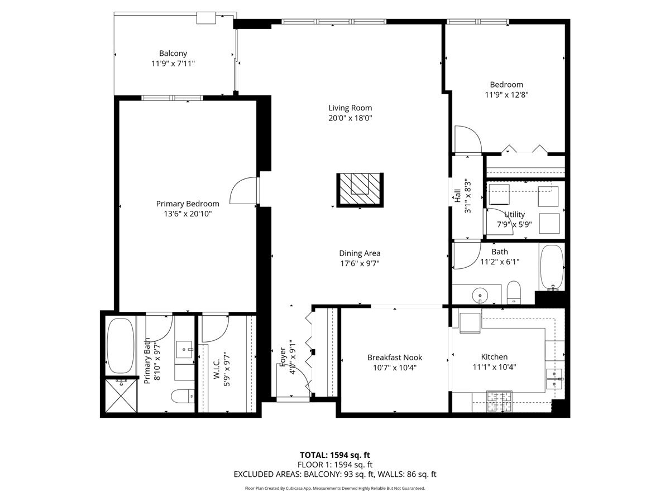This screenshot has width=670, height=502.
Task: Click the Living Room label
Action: [x=350, y=108]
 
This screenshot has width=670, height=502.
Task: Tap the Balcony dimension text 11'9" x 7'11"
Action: [x=173, y=64]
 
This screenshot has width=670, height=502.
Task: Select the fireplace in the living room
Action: [x=359, y=189]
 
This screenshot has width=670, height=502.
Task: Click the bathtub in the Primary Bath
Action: [x=120, y=345]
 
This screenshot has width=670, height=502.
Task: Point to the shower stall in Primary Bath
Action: [x=120, y=396]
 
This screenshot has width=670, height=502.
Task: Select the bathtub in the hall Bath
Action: [x=552, y=267]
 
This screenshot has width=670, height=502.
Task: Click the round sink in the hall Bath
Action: [x=479, y=294]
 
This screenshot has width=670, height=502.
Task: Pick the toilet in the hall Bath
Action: [x=513, y=292]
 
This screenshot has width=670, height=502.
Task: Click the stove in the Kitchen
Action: [x=500, y=402]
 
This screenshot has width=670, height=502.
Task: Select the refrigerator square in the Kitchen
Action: [x=470, y=322]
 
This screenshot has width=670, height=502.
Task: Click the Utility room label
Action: [x=514, y=214]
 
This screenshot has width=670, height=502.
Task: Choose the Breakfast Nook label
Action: [x=395, y=358]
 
